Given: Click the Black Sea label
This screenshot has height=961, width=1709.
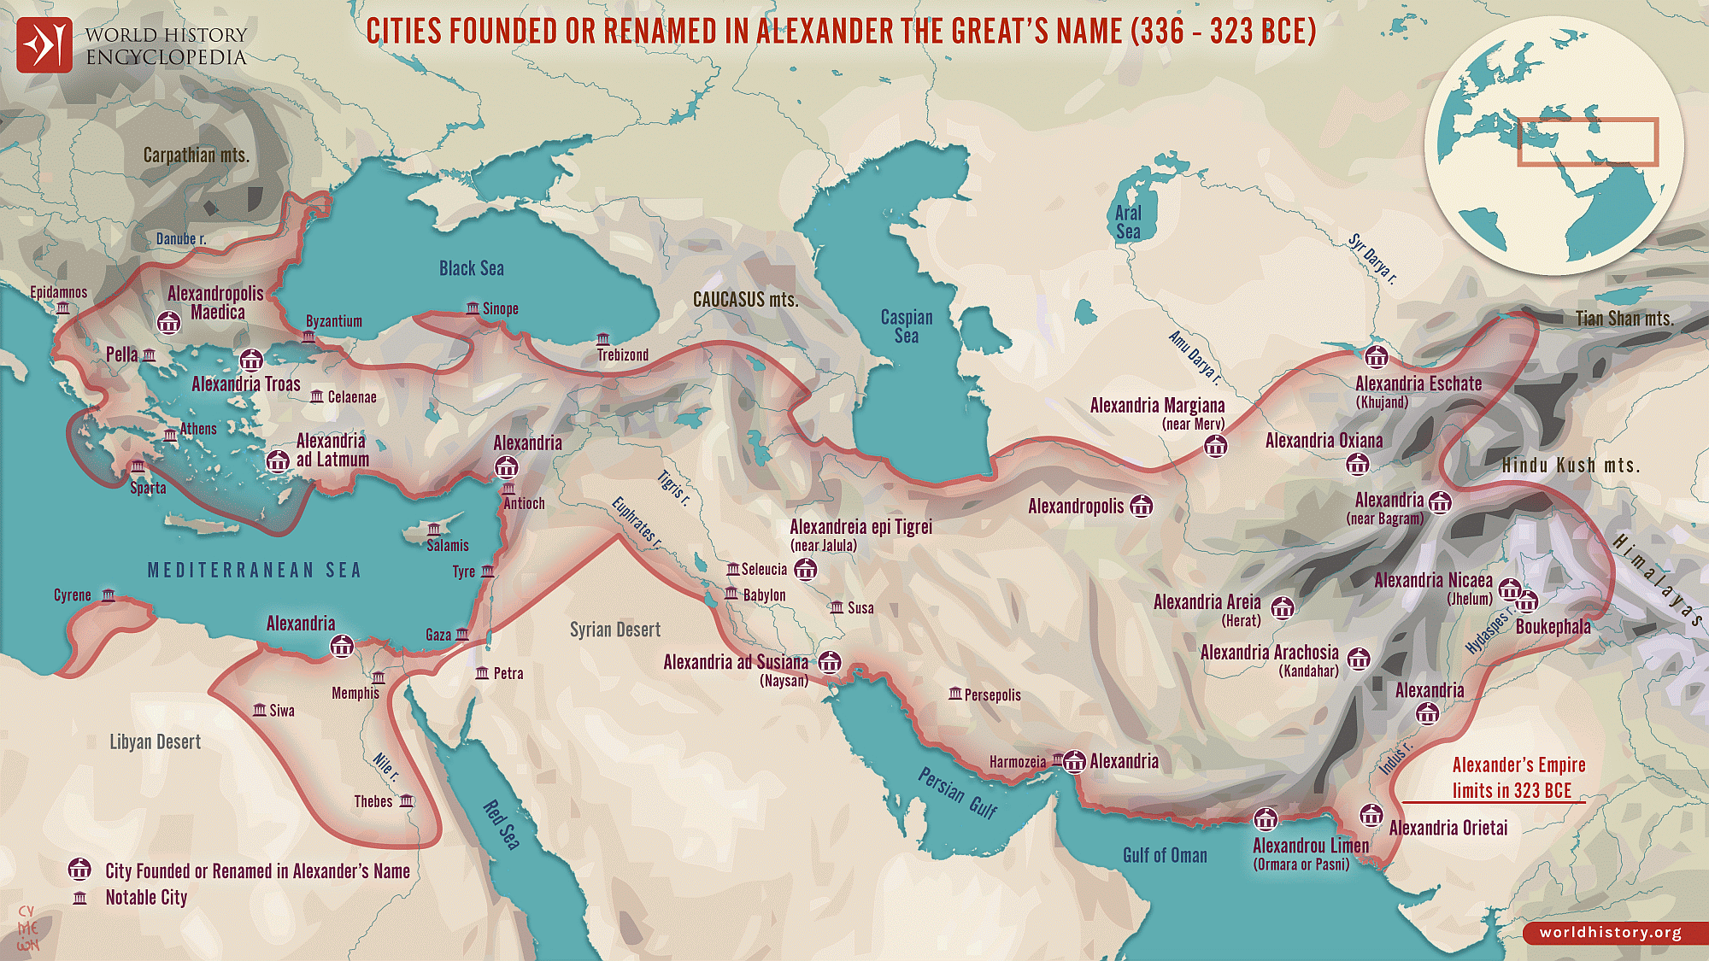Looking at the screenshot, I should (472, 268).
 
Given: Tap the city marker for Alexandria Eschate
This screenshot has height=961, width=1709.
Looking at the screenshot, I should (1376, 357).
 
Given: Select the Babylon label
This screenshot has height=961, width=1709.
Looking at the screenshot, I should (764, 595).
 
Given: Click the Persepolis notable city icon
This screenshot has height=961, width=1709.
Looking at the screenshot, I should (954, 694).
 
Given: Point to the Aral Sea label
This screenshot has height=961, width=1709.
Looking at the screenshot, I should (1128, 222).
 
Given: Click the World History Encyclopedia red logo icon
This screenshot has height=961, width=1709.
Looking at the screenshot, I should (44, 45).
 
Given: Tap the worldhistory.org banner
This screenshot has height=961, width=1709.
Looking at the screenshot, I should (1611, 933).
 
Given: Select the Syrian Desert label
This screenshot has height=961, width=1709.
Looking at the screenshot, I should (615, 630).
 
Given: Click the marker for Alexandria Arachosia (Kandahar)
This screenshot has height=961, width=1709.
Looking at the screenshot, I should (1359, 659).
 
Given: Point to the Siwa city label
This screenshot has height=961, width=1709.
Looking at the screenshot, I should (282, 711).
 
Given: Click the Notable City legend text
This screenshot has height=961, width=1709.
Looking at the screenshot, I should (146, 898).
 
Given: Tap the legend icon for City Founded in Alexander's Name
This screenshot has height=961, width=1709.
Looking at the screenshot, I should (79, 870).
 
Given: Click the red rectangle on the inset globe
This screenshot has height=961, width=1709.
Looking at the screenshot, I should (1588, 142).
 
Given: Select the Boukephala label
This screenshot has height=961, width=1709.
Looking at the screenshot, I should (1553, 627).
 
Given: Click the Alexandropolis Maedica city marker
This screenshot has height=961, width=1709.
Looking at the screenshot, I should (169, 322).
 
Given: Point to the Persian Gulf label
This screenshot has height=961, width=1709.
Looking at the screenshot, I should (957, 793).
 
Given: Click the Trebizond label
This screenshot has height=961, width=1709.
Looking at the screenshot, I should (622, 355).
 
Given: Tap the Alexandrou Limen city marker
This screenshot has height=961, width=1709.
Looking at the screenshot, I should (1266, 820).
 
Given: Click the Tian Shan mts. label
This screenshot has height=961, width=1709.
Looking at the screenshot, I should (1624, 319).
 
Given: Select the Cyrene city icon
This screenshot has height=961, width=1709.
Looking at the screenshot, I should (109, 595).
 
